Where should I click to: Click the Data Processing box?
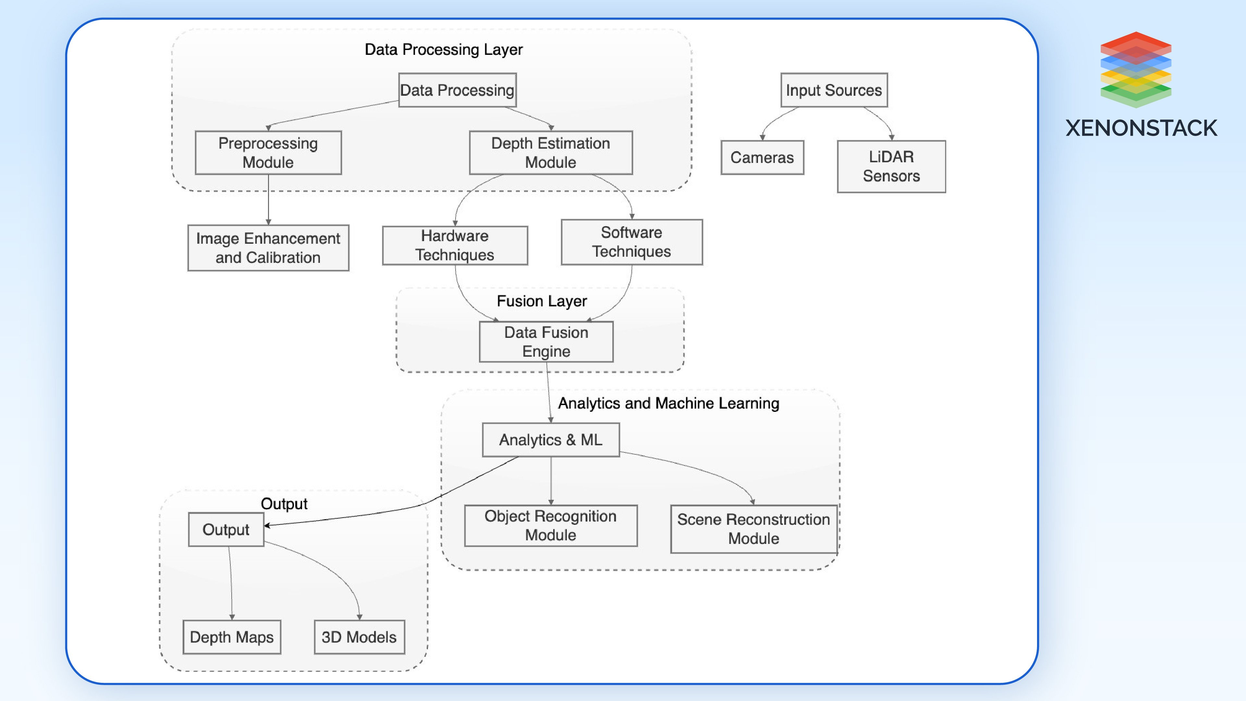(x=457, y=90)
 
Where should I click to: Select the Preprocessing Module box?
(x=268, y=153)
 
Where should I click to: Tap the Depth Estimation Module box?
(x=550, y=153)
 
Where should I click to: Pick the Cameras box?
(x=762, y=157)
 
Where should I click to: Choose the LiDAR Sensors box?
(x=891, y=166)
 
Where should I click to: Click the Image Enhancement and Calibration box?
(x=268, y=248)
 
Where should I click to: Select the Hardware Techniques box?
(x=455, y=245)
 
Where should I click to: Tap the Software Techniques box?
(x=631, y=242)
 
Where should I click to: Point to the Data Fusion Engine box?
(x=546, y=341)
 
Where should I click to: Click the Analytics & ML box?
(x=550, y=440)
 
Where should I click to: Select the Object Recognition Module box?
(x=550, y=525)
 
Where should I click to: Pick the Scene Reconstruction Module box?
(x=753, y=529)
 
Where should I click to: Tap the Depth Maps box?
(x=232, y=637)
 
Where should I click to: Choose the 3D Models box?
(x=359, y=637)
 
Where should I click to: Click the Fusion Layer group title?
(x=542, y=301)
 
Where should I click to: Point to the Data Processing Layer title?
(x=444, y=49)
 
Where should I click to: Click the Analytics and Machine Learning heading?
(x=668, y=403)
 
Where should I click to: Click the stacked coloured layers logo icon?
(x=1135, y=69)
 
